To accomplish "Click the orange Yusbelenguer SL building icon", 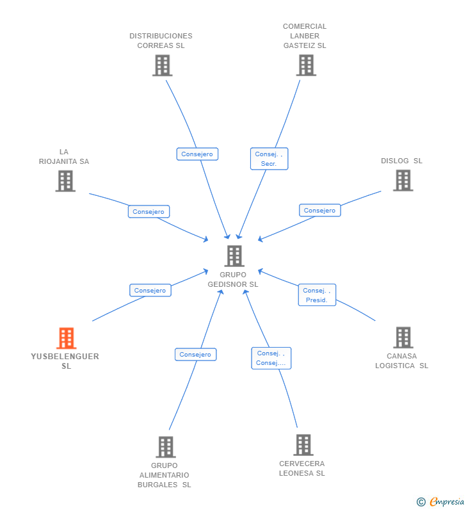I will (x=66, y=338).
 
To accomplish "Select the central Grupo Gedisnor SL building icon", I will (x=234, y=256).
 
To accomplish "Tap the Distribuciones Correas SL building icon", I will (x=162, y=65).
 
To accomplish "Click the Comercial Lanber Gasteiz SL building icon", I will (x=306, y=65).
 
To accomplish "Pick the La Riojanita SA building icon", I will (x=65, y=181).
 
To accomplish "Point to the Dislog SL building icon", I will (x=403, y=181).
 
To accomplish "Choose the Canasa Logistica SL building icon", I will (x=403, y=337).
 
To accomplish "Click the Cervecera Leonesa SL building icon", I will (x=303, y=444).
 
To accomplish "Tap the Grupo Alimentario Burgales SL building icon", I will (x=165, y=447).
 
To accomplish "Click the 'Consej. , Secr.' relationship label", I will (x=269, y=159).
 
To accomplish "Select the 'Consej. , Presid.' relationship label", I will (x=317, y=295).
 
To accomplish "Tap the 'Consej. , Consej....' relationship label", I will (x=271, y=358).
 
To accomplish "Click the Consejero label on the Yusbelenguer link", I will (x=150, y=291).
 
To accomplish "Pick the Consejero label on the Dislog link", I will (x=319, y=211).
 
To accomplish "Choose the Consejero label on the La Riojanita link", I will (x=149, y=212).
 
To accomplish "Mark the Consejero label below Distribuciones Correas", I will (x=197, y=154).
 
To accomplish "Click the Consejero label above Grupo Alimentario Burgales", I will (x=195, y=355).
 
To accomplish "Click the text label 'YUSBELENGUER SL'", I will (x=65, y=361).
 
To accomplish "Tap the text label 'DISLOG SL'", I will (x=401, y=161).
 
